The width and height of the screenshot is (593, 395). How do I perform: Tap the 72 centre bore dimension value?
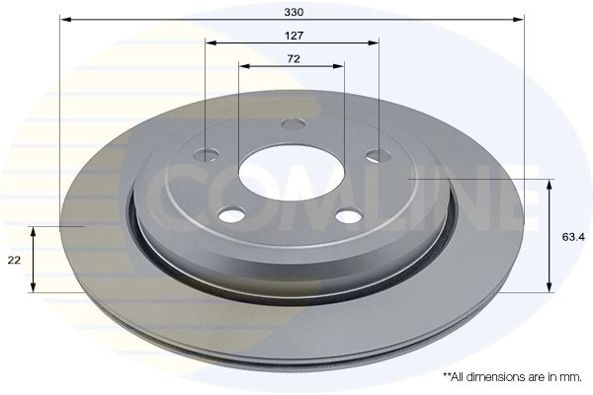pyautogui.click(x=293, y=58)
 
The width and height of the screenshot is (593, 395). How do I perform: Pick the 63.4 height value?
pyautogui.click(x=572, y=237)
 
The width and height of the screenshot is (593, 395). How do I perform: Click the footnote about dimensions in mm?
pyautogui.click(x=512, y=377)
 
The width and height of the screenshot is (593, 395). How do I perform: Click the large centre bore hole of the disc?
pyautogui.click(x=292, y=170)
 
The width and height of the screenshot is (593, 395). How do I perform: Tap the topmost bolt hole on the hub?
pyautogui.click(x=292, y=124)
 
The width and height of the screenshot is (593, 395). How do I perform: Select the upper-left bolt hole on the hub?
pyautogui.click(x=208, y=154)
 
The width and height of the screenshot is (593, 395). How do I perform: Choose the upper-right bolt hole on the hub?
pyautogui.click(x=376, y=154)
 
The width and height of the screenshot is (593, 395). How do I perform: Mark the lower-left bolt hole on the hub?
pyautogui.click(x=231, y=215)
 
